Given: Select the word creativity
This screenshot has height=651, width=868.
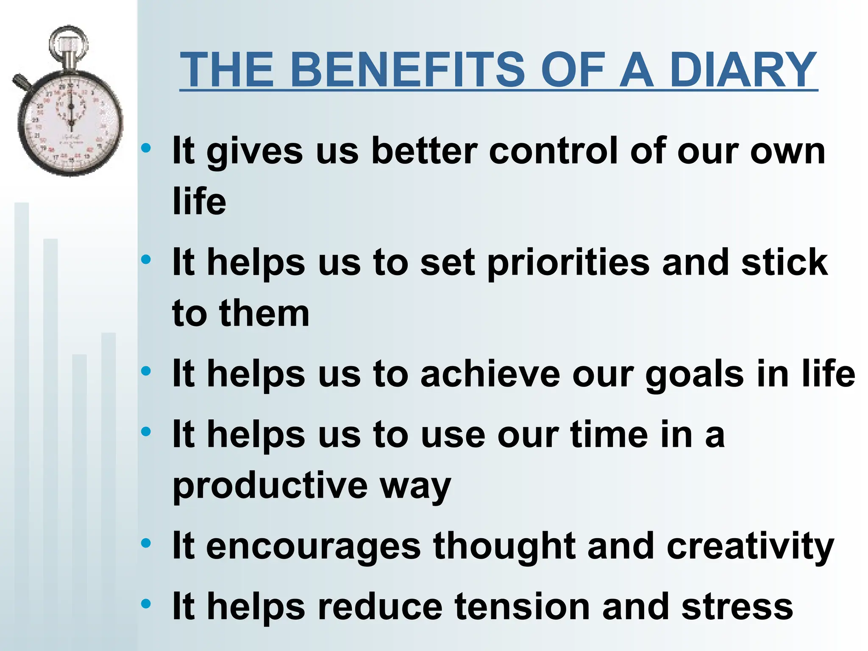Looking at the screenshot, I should (x=750, y=547).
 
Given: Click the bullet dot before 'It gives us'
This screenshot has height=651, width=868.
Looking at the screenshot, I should (x=146, y=148).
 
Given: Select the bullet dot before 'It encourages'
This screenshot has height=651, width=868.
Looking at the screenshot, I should (x=146, y=543).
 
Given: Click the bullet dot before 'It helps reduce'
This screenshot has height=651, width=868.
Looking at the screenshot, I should (x=146, y=604).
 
